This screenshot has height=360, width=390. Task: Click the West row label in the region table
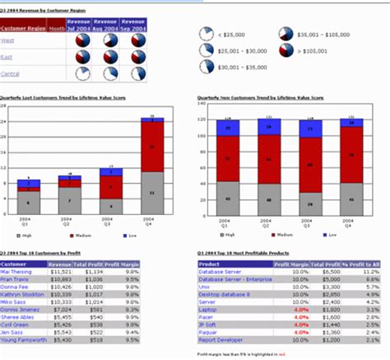click(x=8, y=40)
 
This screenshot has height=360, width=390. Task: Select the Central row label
click(x=12, y=73)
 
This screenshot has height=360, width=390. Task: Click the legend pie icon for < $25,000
click(x=207, y=34)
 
